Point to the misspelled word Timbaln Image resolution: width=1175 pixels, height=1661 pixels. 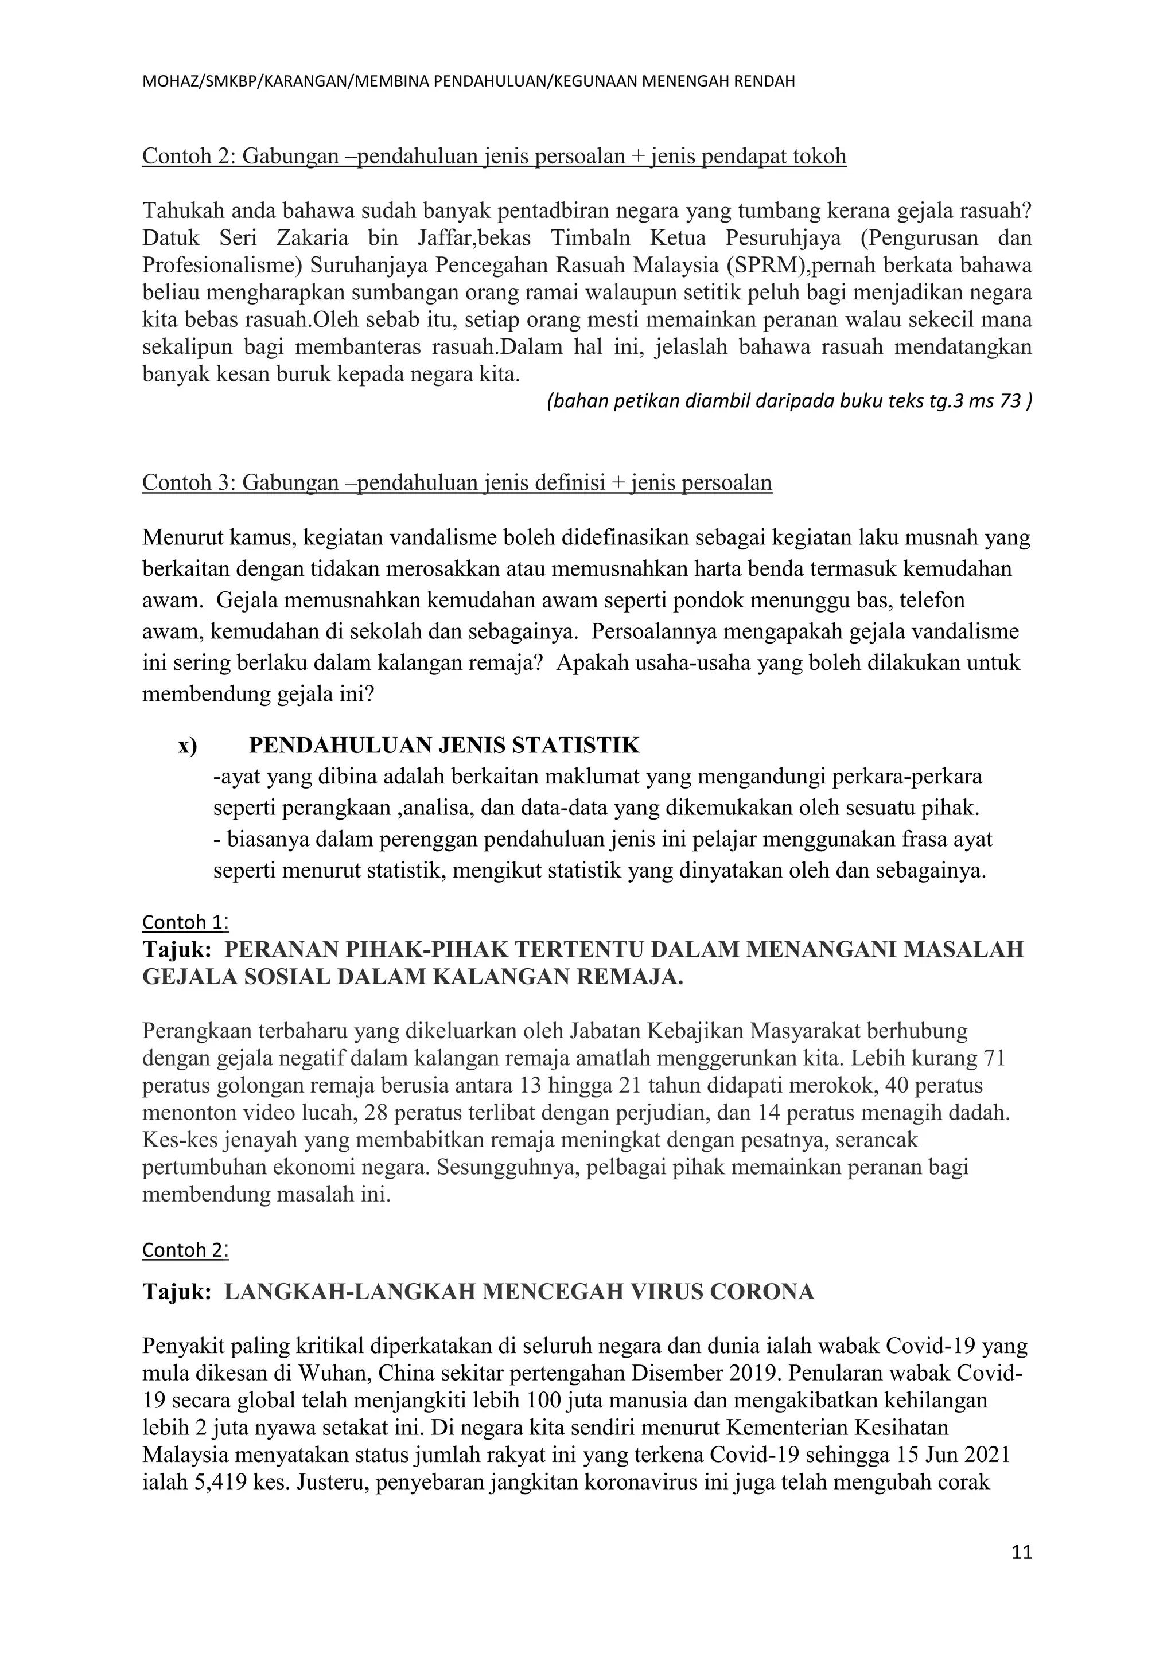click(x=590, y=238)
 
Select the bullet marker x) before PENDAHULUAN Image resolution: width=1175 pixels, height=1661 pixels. click(x=188, y=745)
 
